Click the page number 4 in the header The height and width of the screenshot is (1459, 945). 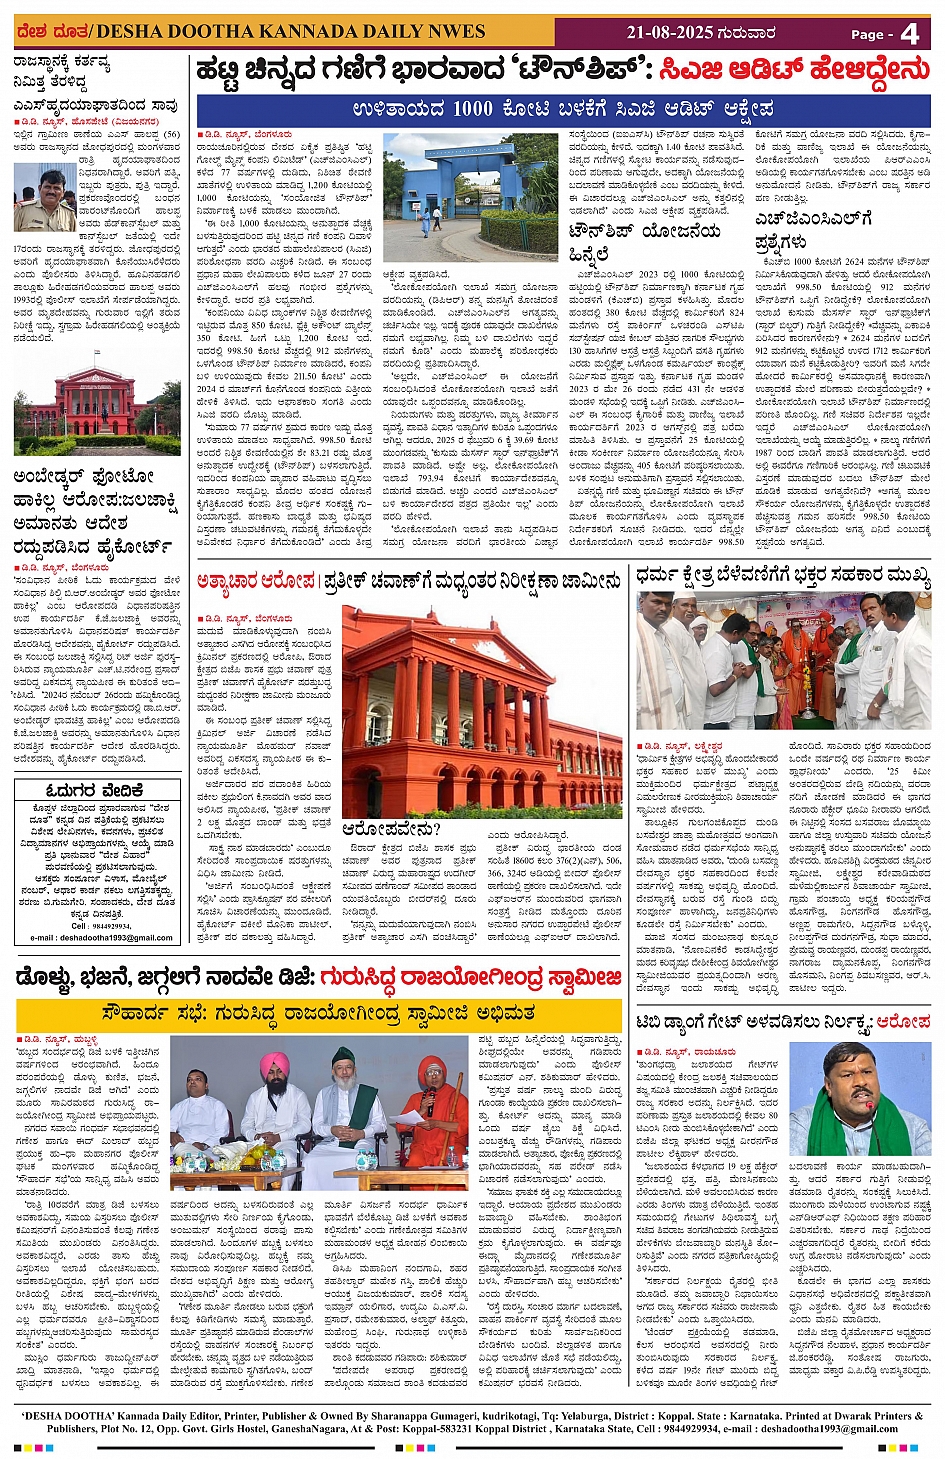pos(909,33)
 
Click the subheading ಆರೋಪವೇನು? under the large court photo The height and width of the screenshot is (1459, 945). pos(391,829)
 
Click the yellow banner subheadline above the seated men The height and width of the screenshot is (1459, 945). pos(319,1014)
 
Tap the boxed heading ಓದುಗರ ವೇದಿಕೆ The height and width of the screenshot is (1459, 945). pos(95,790)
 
